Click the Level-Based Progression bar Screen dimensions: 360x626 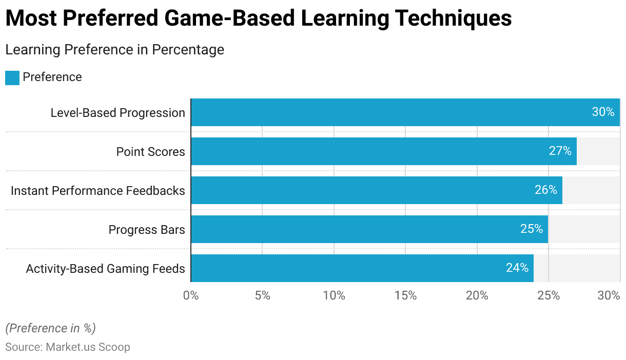click(390, 112)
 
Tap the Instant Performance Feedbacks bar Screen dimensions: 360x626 click(359, 190)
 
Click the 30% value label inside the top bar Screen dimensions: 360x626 click(603, 112)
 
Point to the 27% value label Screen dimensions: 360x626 click(560, 151)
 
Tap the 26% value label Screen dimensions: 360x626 click(545, 190)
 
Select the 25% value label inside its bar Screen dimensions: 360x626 click(531, 229)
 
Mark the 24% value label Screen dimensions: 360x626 click(517, 268)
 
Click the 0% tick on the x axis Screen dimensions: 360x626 click(191, 296)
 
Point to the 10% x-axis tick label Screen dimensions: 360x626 click(334, 296)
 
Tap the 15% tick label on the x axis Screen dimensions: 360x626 click(405, 296)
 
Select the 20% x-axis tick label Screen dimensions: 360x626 click(477, 296)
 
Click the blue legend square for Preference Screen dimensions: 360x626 click(12, 77)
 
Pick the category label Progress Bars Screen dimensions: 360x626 click(147, 229)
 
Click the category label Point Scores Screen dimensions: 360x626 click(150, 151)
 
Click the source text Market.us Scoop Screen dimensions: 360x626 click(88, 347)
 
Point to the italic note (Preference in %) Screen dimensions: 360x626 click(50, 328)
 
